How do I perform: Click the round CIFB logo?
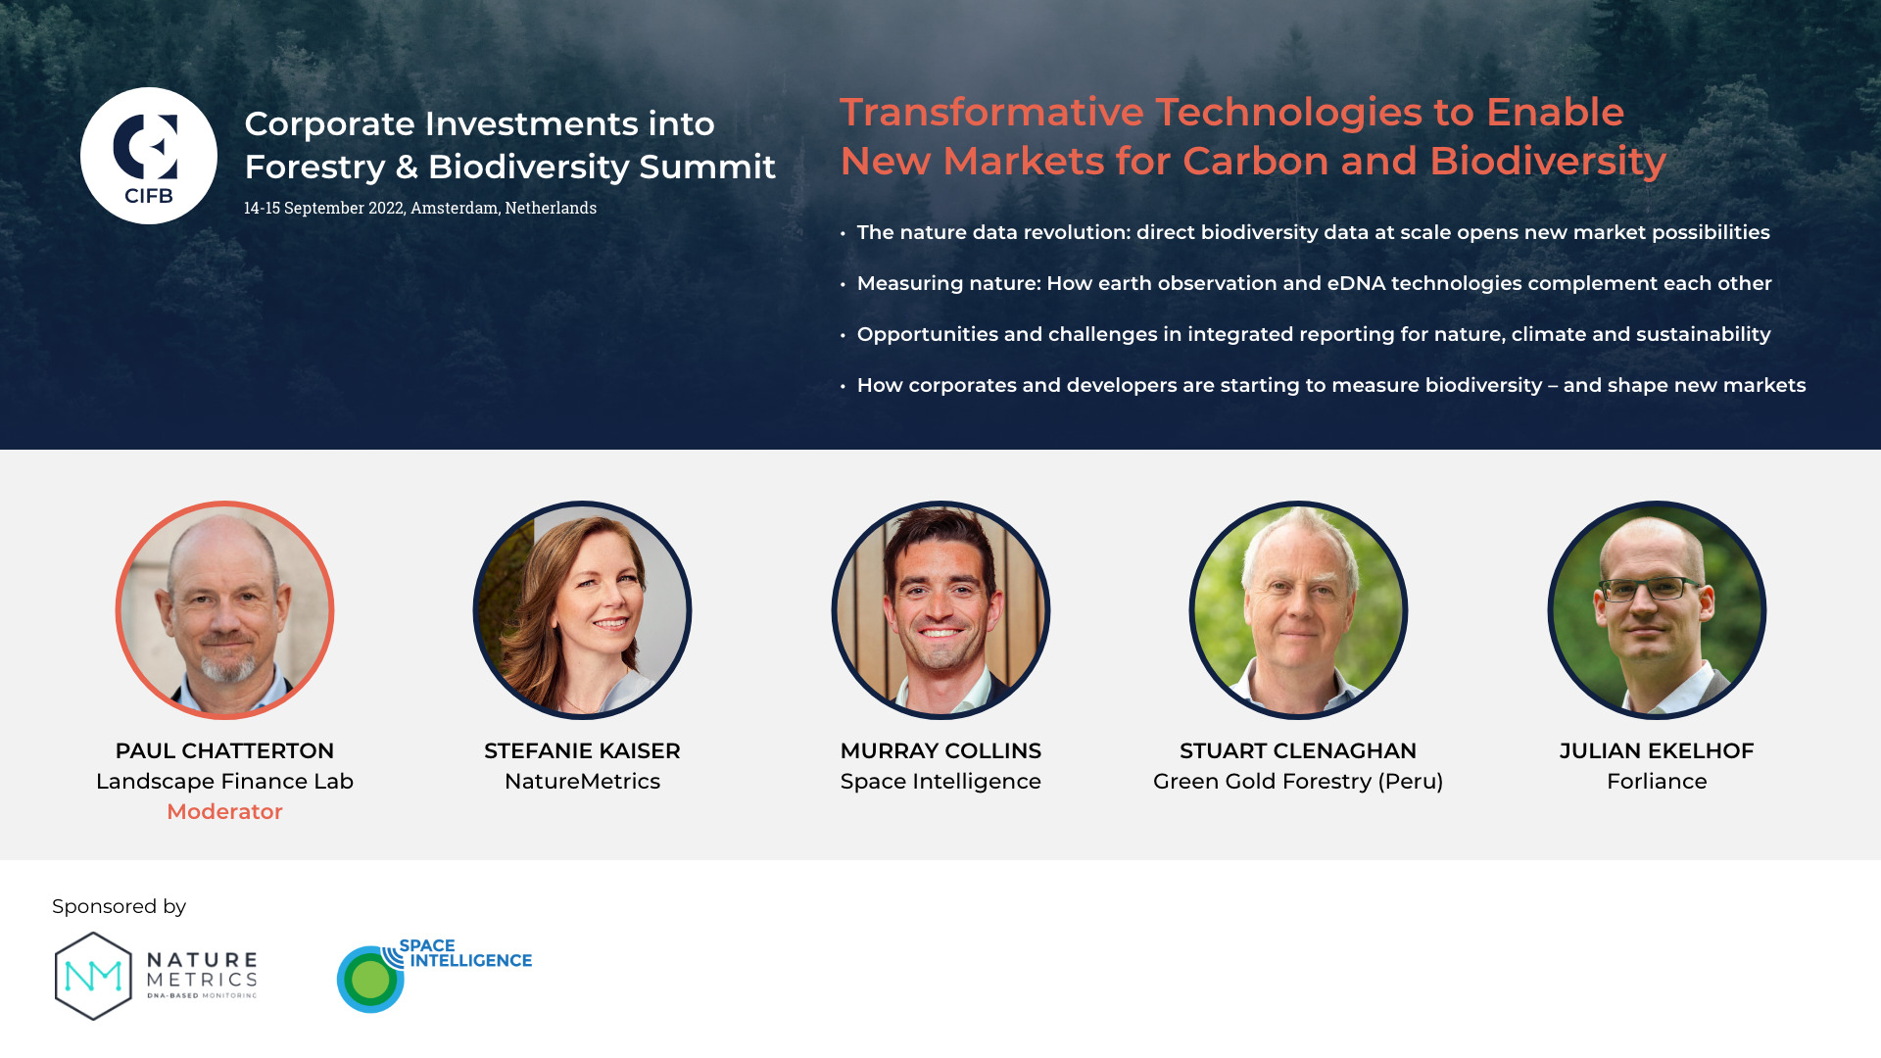point(149,156)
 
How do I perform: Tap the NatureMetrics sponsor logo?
point(156,976)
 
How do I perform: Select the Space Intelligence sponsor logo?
point(434,975)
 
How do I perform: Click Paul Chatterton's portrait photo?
point(224,610)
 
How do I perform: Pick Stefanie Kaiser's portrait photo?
point(582,610)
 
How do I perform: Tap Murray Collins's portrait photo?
point(940,610)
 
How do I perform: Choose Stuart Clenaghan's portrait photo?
point(1298,610)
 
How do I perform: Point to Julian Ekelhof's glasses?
point(1651,590)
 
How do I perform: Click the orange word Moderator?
point(224,811)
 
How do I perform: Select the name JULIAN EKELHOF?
point(1657,750)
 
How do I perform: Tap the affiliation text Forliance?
point(1657,781)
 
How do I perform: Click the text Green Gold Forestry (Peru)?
point(1298,782)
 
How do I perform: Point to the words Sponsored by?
point(120,907)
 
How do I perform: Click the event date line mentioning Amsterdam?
point(420,208)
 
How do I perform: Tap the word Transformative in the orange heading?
point(992,112)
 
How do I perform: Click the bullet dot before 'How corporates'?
point(843,387)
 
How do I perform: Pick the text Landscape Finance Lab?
point(224,781)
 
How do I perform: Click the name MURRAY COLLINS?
point(940,750)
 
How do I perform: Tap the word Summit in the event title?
point(707,167)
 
